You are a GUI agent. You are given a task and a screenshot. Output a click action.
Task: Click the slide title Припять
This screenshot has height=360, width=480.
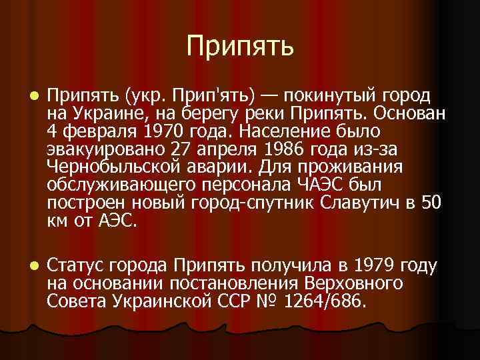239,46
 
